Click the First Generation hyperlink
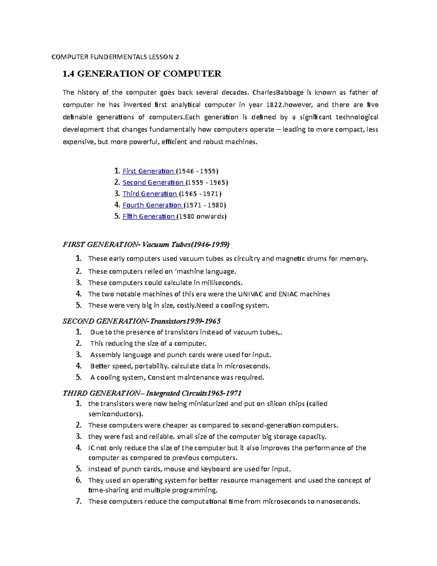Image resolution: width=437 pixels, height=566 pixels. pos(148,171)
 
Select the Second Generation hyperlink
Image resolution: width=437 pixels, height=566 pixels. pos(153,182)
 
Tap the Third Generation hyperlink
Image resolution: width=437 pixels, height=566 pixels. pos(150,194)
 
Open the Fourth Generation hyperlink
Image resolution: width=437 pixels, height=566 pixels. pos(152,205)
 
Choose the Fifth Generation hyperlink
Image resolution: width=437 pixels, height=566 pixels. pos(149,216)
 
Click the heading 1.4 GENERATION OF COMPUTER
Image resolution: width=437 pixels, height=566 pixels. pos(142,74)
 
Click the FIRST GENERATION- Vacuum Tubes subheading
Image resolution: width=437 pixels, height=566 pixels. pos(146,244)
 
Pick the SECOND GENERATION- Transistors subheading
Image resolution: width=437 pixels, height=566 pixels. pos(141,321)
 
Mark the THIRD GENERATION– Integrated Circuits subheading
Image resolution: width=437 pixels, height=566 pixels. pos(152,393)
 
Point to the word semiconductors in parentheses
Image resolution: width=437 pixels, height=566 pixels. pos(115,414)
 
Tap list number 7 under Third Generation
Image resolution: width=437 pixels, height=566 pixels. pos(79,501)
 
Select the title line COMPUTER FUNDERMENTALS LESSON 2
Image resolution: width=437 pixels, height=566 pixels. pos(115,57)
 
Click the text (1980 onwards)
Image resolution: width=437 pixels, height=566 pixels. pos(202,216)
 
